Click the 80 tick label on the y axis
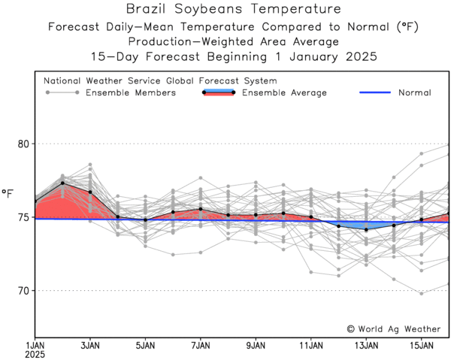23,144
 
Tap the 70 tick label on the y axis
23,291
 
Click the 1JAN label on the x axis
35,345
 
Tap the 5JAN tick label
145,345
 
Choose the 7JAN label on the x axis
200,345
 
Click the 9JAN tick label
256,345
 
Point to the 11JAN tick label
310,345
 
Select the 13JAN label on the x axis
366,345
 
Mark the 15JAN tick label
421,345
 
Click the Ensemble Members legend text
131,92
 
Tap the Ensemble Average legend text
284,92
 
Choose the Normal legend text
414,92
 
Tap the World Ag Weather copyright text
394,328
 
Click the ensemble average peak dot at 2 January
62,183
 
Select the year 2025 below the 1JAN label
35,354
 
